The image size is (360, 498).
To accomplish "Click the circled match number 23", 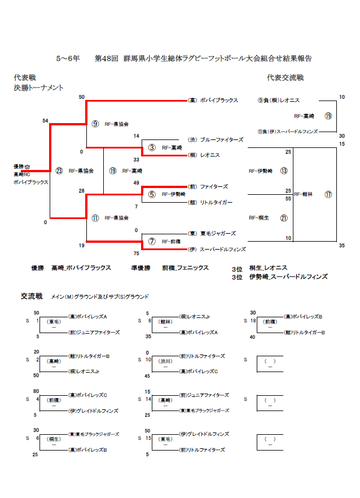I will click(x=59, y=171).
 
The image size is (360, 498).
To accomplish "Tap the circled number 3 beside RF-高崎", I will click(x=152, y=147).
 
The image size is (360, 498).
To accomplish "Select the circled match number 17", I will click(x=328, y=195).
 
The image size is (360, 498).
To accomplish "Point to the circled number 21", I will click(x=284, y=217).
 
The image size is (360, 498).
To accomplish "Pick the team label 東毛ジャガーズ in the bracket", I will click(x=212, y=233).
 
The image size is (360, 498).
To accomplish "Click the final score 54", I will click(x=45, y=121).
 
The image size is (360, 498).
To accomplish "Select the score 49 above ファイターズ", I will click(x=136, y=183).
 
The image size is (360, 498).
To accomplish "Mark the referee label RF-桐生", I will click(x=259, y=217).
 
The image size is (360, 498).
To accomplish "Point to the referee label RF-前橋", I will click(x=171, y=241).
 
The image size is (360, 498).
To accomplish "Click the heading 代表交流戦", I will click(x=286, y=77).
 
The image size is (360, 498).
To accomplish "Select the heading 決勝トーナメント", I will click(x=38, y=88).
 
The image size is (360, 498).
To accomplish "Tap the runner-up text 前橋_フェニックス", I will click(x=185, y=268).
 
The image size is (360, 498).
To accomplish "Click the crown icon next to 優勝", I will click(x=27, y=167).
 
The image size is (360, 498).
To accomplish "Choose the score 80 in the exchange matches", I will click(x=36, y=390).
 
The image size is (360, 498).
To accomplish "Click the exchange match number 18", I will click(x=254, y=320).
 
